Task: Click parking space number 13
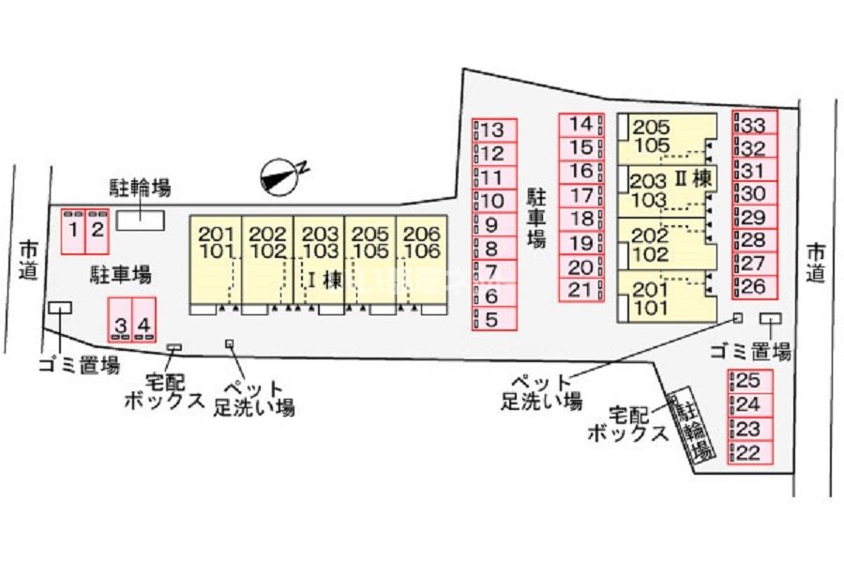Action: point(494,130)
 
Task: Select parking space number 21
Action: point(581,290)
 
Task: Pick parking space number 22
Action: point(750,453)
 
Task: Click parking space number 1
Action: point(73,231)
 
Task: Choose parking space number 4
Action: point(143,319)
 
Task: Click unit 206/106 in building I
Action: point(421,260)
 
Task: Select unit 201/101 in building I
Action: point(216,260)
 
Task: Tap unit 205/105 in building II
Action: point(667,138)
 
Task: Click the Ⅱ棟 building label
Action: point(694,179)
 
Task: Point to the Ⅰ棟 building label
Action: point(324,279)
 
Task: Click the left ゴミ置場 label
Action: point(79,366)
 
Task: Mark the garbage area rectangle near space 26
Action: point(771,318)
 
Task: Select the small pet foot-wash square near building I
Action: point(230,343)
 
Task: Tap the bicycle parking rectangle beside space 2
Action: point(141,221)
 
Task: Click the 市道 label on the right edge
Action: point(816,263)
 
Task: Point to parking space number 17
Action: point(581,195)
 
